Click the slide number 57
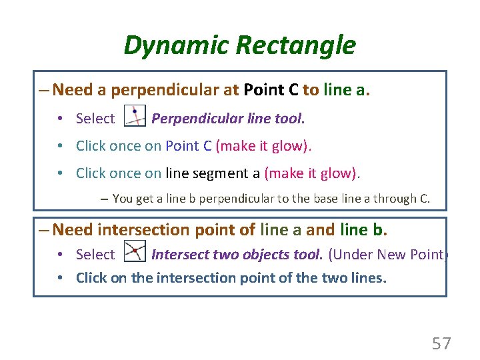(441, 343)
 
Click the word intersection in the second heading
(143, 230)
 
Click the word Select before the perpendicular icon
(95, 119)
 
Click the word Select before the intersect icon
(95, 255)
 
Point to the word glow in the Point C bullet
(287, 146)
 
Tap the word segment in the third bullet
(223, 173)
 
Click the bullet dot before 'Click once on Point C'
(60, 146)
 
